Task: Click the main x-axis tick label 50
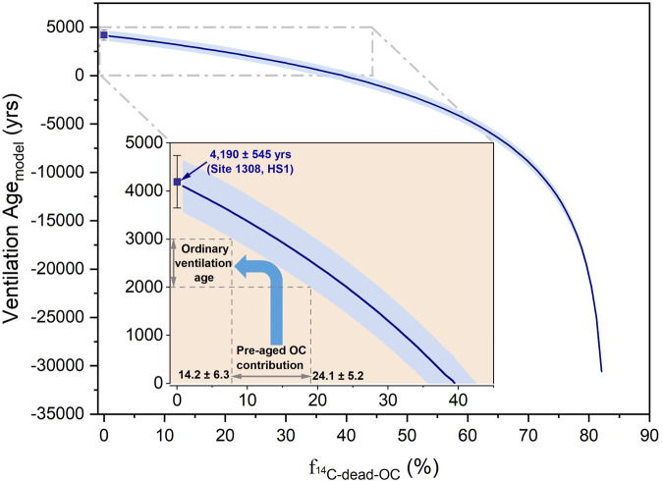tap(407, 432)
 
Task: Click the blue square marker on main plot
tap(103, 34)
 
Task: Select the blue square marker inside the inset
tap(177, 182)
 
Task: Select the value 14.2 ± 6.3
tap(202, 375)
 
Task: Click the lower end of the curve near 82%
tap(601, 370)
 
